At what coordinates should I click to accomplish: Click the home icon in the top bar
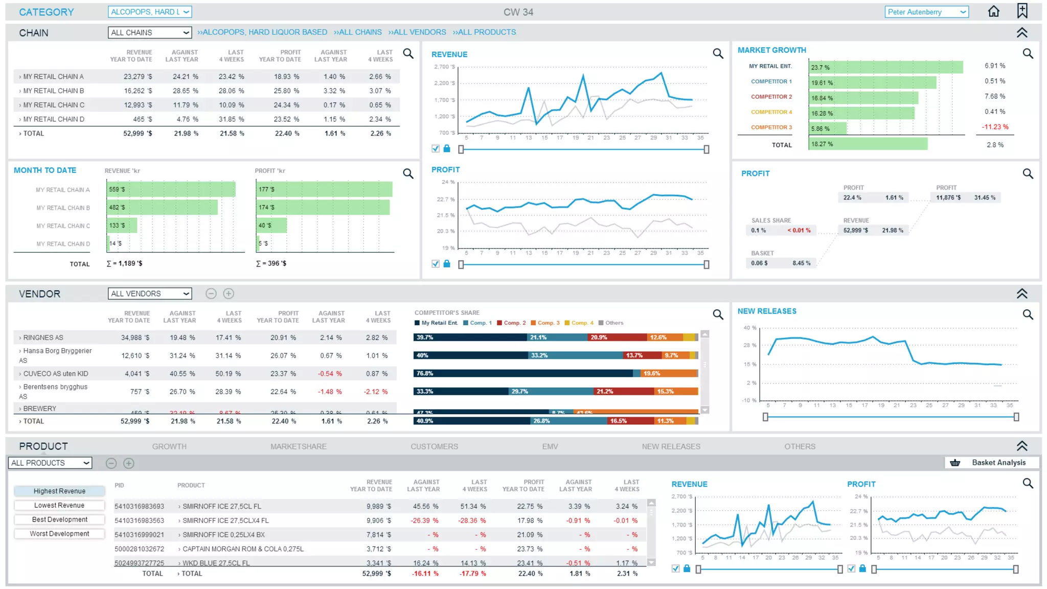point(993,11)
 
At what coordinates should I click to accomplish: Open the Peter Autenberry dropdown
point(926,12)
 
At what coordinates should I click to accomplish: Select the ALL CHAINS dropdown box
point(150,32)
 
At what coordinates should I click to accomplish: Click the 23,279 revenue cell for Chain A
point(138,77)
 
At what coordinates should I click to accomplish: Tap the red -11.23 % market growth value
point(995,127)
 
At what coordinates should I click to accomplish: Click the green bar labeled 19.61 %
point(872,82)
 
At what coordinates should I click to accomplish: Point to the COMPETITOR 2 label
point(771,97)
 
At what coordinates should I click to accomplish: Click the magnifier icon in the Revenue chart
point(718,54)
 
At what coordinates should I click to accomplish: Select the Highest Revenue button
point(59,491)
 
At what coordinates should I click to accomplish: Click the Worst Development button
point(59,534)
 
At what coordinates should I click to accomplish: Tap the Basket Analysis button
point(991,463)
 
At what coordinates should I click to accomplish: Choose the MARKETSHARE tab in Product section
point(298,446)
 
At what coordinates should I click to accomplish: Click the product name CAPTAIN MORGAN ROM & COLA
point(243,549)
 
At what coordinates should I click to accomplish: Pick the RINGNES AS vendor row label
point(43,337)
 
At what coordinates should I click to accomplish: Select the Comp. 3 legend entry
point(545,323)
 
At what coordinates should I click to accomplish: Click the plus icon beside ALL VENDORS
point(229,293)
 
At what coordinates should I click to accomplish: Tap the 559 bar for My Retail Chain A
point(171,189)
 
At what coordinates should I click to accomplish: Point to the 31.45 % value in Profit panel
point(984,198)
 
